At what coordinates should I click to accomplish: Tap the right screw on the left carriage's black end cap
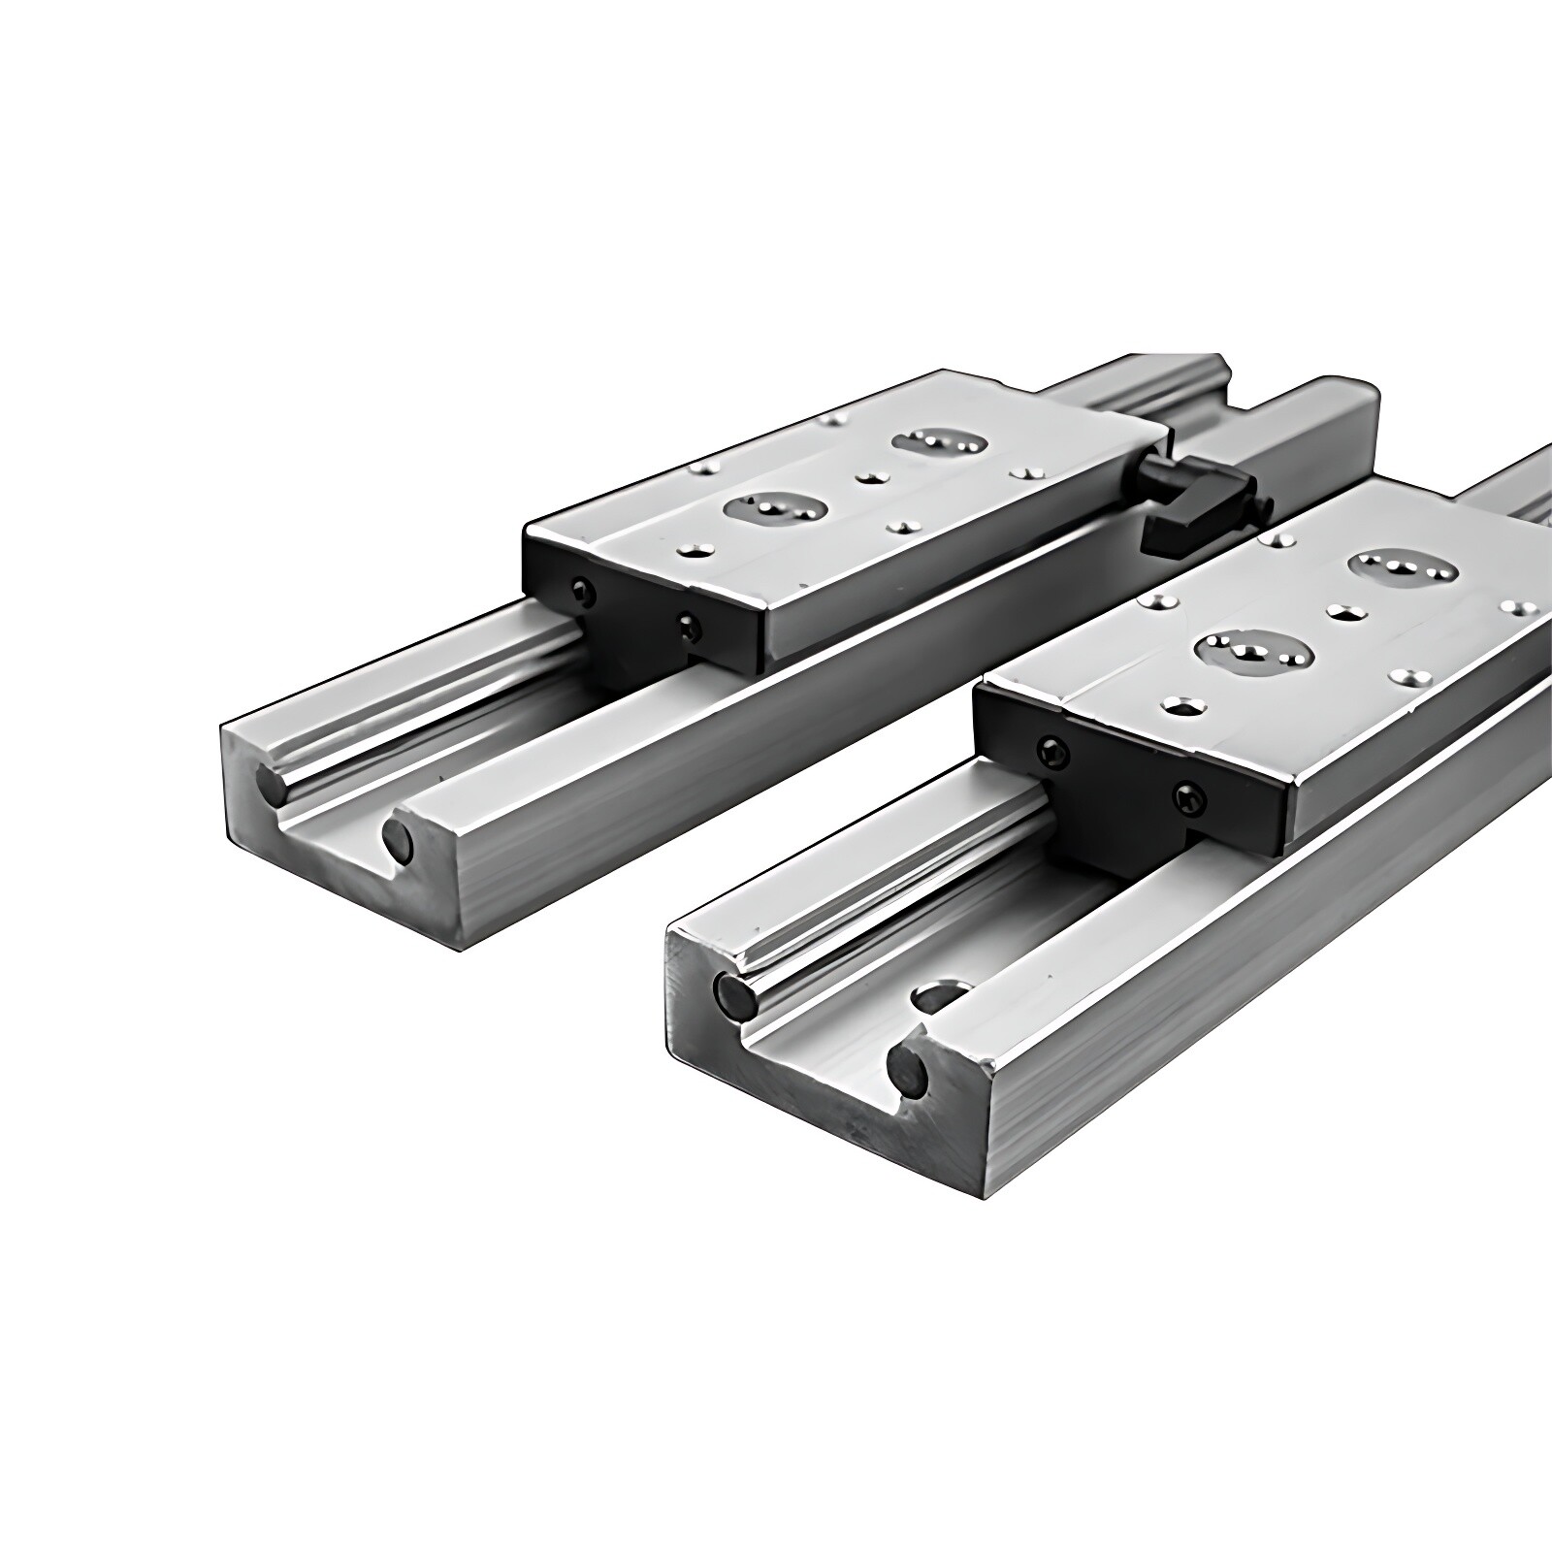point(688,626)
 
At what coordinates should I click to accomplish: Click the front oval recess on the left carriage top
point(775,507)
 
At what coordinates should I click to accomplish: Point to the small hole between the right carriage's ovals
point(1342,611)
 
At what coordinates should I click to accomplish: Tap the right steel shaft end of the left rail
point(397,839)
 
